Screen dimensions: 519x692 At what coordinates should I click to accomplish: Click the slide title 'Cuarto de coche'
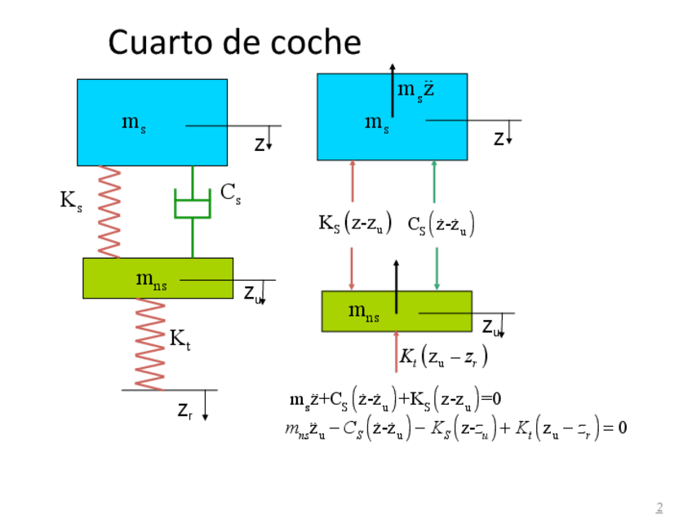234,42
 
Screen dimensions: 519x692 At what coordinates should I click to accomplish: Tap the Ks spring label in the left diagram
71,201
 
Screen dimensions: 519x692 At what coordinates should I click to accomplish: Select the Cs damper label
231,193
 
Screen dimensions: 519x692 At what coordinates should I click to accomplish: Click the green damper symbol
193,205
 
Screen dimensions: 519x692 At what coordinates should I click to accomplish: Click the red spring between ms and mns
109,211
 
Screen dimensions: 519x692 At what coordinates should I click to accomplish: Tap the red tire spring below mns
150,344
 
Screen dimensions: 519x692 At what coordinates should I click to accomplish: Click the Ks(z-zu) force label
355,223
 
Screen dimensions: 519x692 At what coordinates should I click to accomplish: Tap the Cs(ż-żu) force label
441,224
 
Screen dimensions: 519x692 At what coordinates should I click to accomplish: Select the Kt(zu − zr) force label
444,357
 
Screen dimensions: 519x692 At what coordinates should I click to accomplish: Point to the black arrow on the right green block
396,286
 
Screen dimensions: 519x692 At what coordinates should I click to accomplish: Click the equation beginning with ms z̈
395,399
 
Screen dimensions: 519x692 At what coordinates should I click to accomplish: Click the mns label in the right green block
364,311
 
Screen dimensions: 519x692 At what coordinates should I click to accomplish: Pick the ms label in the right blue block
376,122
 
